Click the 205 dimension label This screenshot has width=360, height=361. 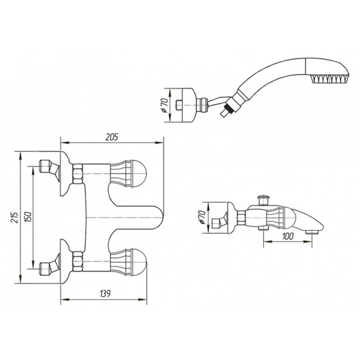(112, 137)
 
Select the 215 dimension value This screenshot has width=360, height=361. (14, 217)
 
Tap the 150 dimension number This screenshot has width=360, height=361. (28, 217)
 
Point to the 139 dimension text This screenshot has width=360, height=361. (105, 293)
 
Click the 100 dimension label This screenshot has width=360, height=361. (288, 236)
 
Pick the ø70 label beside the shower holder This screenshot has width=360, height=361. (165, 105)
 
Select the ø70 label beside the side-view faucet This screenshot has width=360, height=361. (202, 218)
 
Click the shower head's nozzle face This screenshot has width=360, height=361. (329, 78)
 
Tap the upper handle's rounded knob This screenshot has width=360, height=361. (140, 173)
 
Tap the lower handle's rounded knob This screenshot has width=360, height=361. (140, 262)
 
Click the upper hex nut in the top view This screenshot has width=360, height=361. (78, 173)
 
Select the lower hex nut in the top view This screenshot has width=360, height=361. (78, 262)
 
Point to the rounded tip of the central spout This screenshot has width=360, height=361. (160, 217)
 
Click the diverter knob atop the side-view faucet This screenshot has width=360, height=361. (264, 200)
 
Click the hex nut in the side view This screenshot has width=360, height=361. (241, 217)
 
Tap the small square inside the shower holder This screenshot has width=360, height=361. (178, 106)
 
